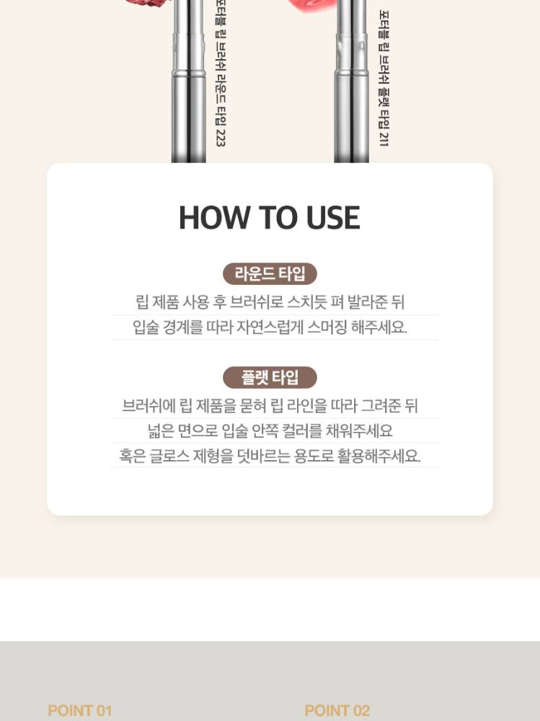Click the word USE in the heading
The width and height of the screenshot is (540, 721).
coord(332,218)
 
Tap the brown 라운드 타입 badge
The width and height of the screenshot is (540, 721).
coord(270,274)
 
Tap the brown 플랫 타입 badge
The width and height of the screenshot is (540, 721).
coord(270,378)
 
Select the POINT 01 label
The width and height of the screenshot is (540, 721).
coord(80,710)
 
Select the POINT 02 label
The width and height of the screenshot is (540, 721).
coord(337,710)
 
